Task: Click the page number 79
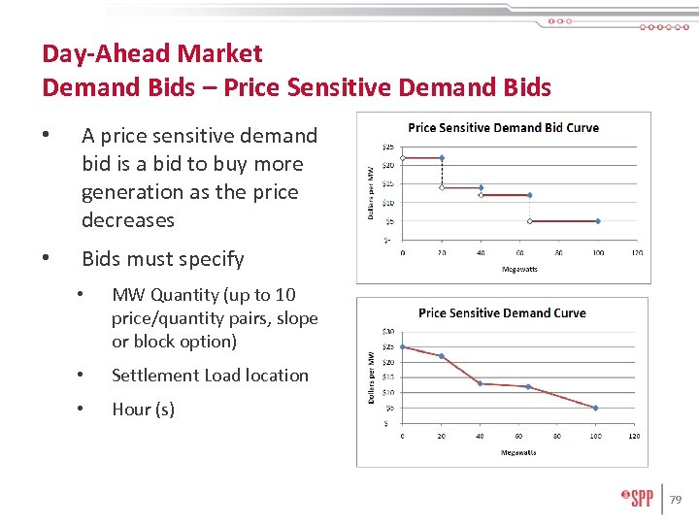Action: [676, 500]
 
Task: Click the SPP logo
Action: [637, 498]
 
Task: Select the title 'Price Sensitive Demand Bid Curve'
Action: [503, 127]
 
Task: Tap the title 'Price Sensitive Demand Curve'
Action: [502, 312]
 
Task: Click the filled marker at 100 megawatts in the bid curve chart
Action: [598, 221]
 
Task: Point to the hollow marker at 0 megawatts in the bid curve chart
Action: [403, 157]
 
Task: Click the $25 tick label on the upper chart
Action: [386, 147]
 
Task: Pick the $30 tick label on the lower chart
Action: [388, 332]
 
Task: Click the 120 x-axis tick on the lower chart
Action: [634, 437]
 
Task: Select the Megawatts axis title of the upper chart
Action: [518, 269]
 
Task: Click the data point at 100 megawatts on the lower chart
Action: [595, 408]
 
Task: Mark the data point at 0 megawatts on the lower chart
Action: [403, 346]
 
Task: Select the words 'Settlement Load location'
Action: [210, 376]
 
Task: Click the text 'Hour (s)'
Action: [143, 409]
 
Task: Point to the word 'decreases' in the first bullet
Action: [128, 220]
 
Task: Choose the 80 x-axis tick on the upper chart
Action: [558, 253]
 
